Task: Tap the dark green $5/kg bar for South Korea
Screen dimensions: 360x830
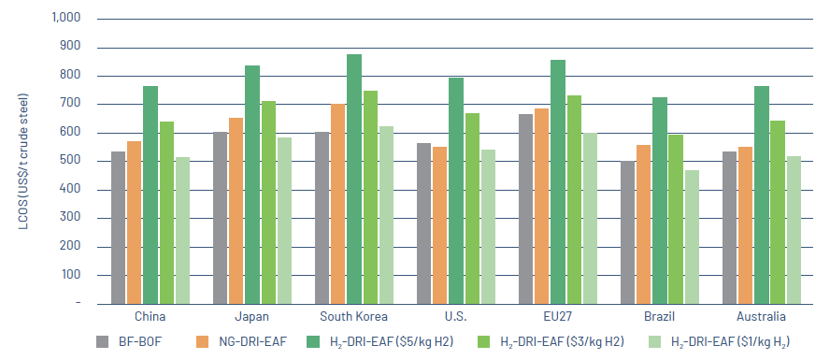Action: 353,179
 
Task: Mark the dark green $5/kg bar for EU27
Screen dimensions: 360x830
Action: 557,181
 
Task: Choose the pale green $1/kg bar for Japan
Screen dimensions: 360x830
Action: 283,221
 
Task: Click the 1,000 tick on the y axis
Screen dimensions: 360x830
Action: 64,18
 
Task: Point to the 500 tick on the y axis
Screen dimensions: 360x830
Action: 71,161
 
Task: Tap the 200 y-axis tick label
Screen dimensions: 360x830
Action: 71,247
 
